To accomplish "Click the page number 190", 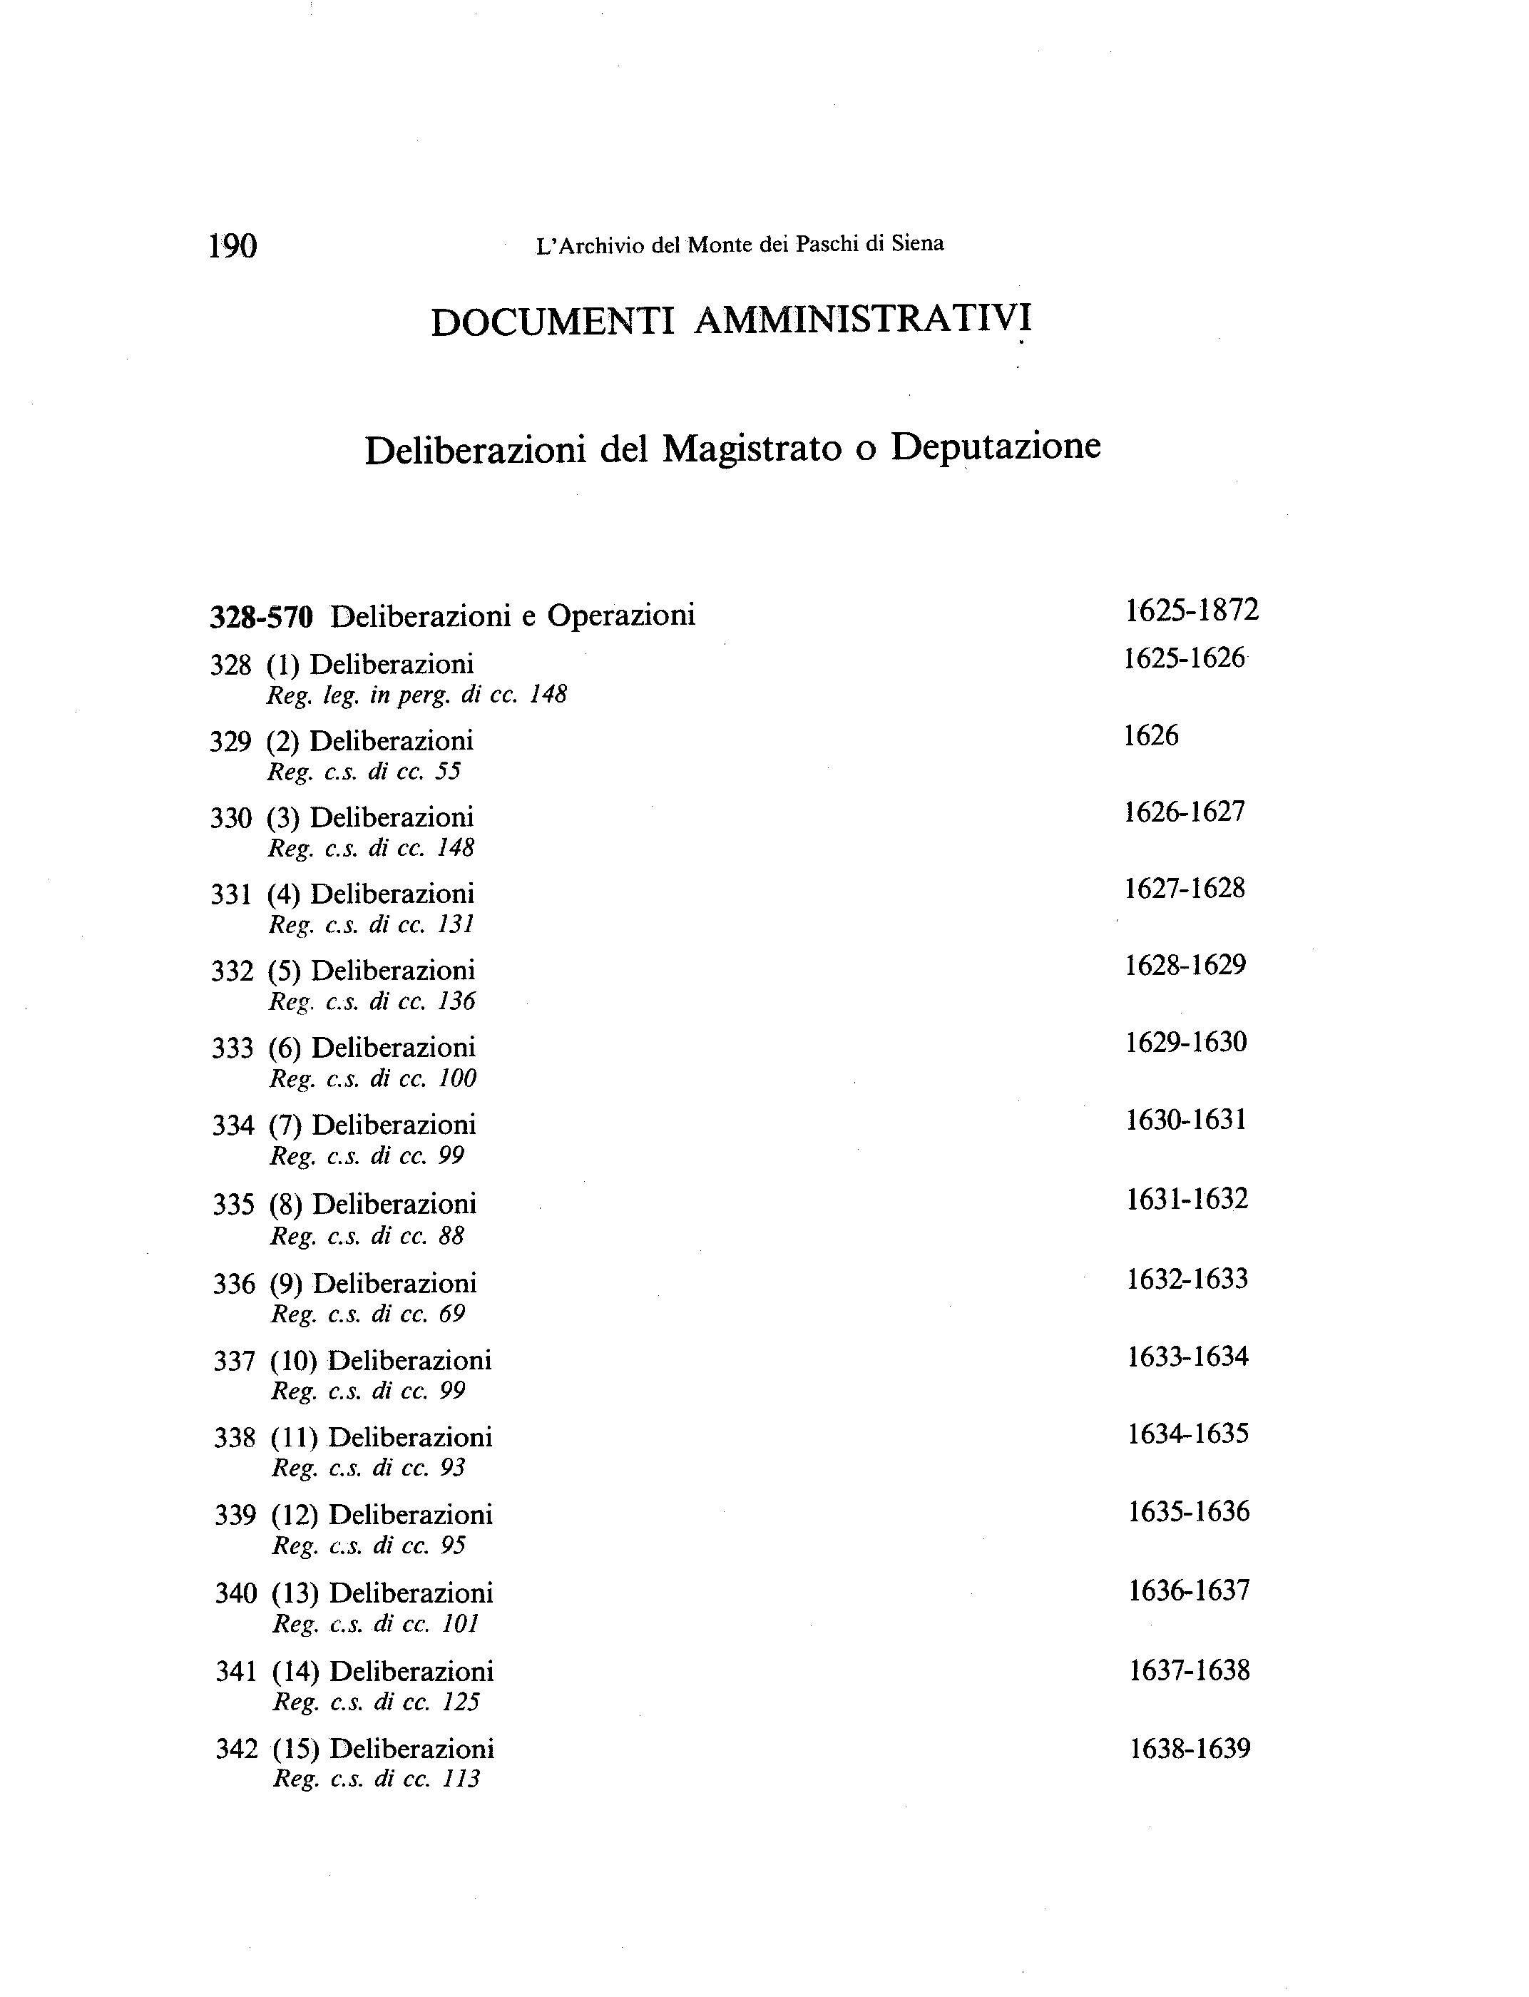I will tap(233, 246).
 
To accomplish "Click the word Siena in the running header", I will tap(917, 243).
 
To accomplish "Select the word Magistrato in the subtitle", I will tap(752, 449).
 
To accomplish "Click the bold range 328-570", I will tap(261, 617).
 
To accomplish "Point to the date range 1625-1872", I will tap(1192, 611).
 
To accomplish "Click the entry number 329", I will tap(230, 742).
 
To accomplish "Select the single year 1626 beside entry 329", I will tap(1151, 735).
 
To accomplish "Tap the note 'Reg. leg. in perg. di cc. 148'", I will tap(416, 695).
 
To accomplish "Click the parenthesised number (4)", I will tap(284, 895).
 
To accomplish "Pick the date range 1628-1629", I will tap(1186, 966).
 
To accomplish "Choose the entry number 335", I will tap(234, 1205).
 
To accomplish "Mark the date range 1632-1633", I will tap(1187, 1280).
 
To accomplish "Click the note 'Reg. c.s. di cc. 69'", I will tap(368, 1314).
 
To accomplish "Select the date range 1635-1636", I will tap(1190, 1513).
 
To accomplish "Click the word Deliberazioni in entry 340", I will tap(411, 1594).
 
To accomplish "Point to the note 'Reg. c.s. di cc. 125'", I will tap(376, 1702).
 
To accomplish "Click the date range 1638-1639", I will tap(1190, 1750).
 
